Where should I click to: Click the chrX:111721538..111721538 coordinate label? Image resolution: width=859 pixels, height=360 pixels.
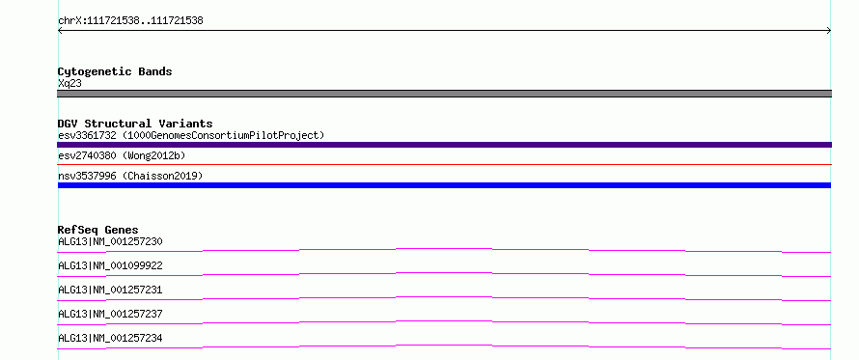130,21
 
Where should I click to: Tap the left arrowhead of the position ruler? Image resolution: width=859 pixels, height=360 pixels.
60,31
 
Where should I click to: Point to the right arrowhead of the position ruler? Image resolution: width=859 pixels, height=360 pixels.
829,31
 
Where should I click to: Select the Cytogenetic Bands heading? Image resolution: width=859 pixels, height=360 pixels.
115,71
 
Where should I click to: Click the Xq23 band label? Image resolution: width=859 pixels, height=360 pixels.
70,84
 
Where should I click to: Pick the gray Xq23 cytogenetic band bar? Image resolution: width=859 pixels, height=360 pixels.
444,94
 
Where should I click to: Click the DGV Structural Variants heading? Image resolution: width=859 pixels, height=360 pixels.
135,124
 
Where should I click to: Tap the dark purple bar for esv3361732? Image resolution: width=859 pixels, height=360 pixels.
444,145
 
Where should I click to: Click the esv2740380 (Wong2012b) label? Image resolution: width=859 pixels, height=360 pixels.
122,156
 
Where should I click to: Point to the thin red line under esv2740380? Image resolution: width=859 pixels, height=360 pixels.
444,164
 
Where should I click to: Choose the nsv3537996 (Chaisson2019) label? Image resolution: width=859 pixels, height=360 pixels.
130,176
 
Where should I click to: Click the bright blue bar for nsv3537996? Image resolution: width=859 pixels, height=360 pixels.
444,185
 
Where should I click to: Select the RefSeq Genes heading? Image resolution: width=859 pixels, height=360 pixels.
98,230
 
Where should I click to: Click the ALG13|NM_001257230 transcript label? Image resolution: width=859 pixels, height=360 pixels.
110,241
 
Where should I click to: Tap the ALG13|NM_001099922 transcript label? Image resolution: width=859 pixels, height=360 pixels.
110,265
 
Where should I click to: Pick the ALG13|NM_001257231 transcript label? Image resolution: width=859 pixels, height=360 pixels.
110,290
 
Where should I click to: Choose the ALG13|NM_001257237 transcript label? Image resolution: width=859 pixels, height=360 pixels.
110,314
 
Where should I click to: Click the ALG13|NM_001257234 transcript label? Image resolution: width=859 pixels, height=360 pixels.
110,338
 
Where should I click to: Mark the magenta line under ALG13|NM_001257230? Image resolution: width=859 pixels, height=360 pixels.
444,249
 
